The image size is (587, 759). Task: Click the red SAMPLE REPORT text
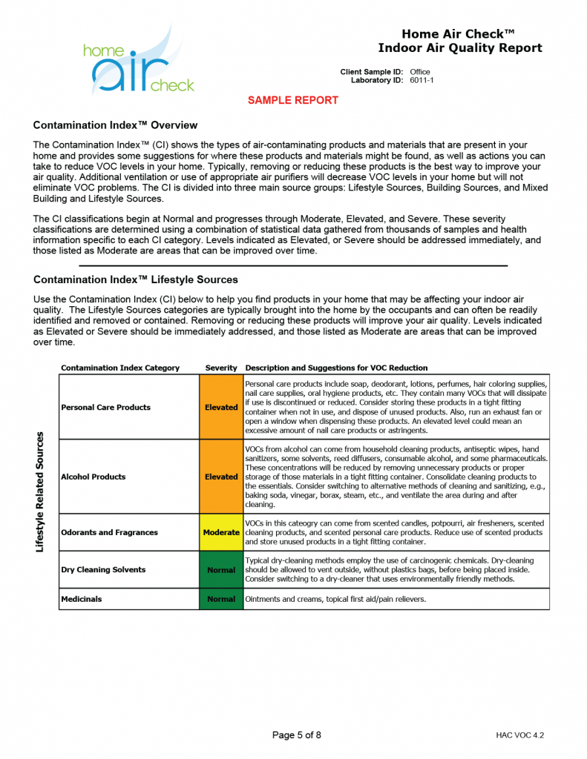pyautogui.click(x=292, y=100)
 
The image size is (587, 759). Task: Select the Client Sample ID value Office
pyautogui.click(x=419, y=72)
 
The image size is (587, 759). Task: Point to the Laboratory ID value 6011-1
pyautogui.click(x=422, y=80)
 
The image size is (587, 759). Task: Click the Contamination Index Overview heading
pyautogui.click(x=115, y=125)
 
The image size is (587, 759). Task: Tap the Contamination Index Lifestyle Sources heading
pyautogui.click(x=135, y=279)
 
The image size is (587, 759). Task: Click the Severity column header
pyautogui.click(x=221, y=368)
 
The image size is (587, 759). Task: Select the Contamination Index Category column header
pyautogui.click(x=120, y=368)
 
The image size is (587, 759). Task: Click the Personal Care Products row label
pyautogui.click(x=105, y=407)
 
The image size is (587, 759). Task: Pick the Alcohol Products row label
pyautogui.click(x=93, y=477)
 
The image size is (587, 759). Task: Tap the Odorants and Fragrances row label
pyautogui.click(x=109, y=532)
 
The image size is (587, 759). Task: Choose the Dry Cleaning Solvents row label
pyautogui.click(x=103, y=569)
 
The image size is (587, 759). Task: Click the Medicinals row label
pyautogui.click(x=82, y=599)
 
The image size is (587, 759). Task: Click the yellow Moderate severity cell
pyautogui.click(x=221, y=532)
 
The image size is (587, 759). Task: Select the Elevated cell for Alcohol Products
pyautogui.click(x=221, y=477)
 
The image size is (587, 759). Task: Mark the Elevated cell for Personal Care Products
pyautogui.click(x=221, y=407)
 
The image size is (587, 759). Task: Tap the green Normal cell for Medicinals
pyautogui.click(x=221, y=599)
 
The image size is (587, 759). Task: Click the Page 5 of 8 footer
pyautogui.click(x=297, y=735)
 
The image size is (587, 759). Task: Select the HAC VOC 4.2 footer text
pyautogui.click(x=520, y=735)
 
